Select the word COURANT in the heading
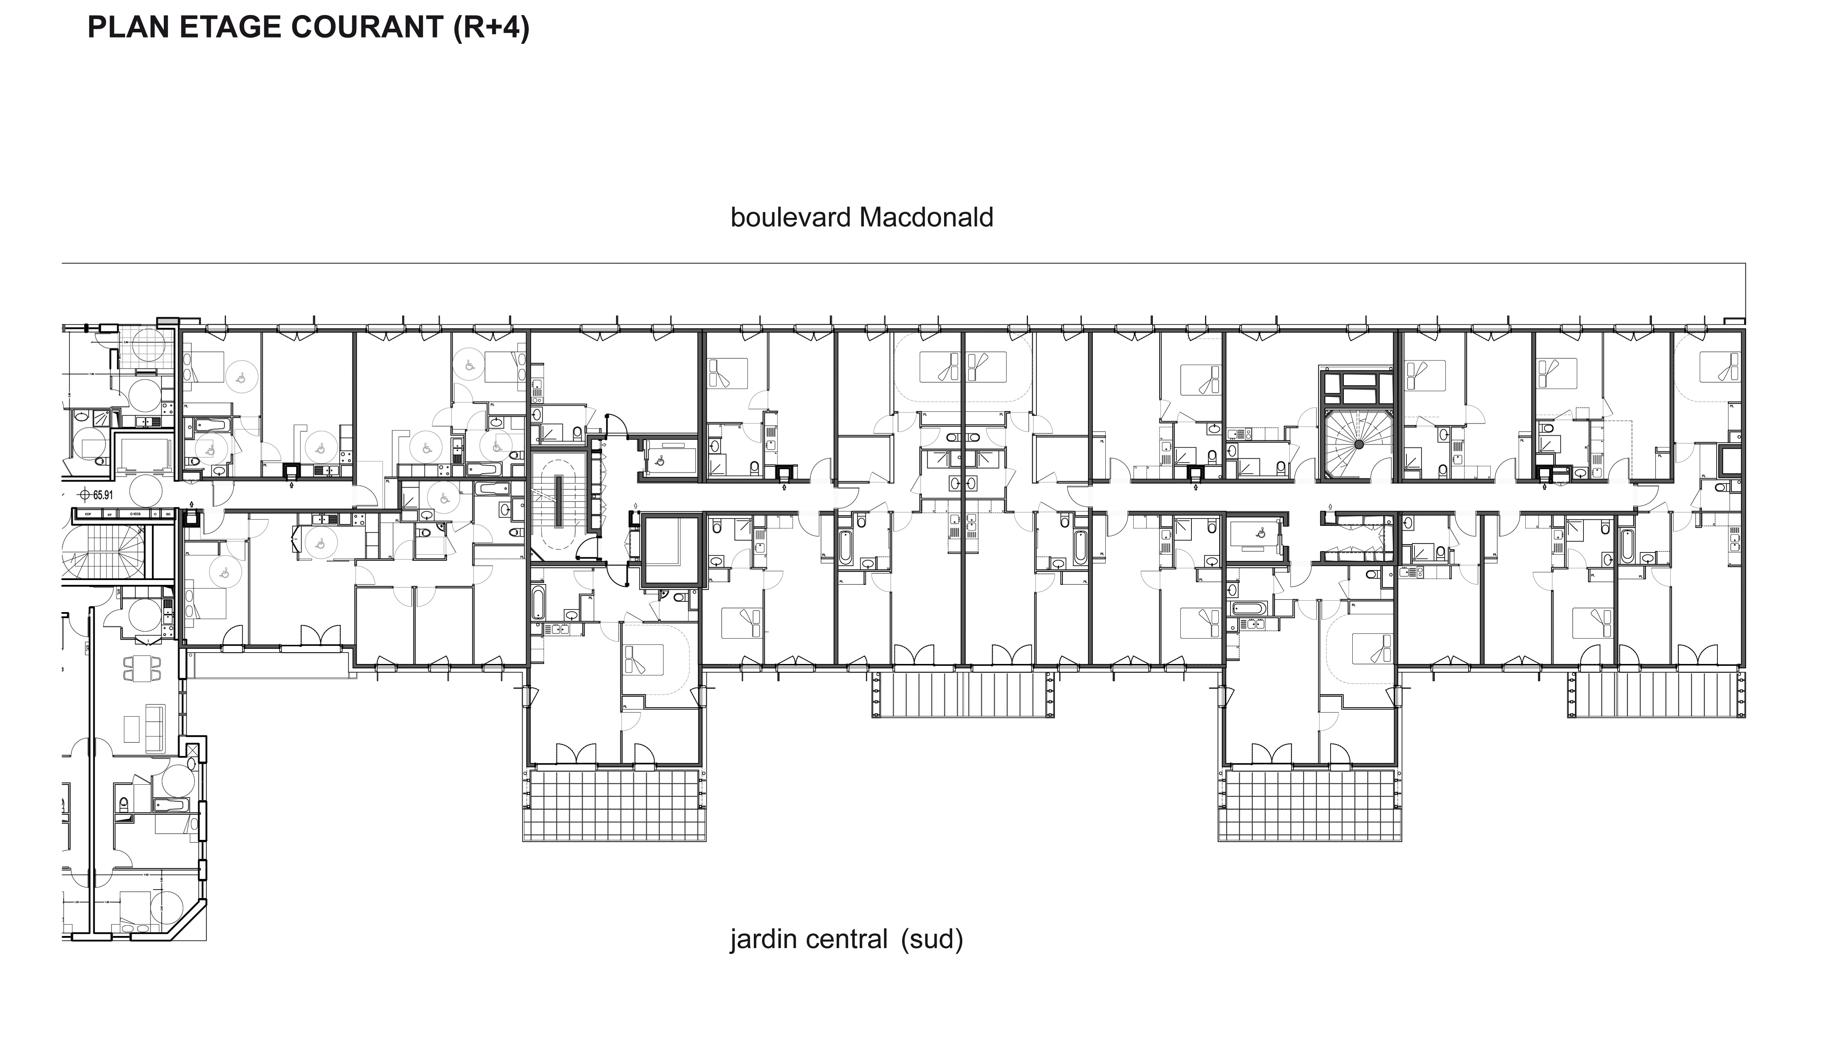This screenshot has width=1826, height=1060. [366, 28]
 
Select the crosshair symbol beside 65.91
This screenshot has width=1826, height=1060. [85, 495]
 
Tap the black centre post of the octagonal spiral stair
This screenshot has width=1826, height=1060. [1359, 444]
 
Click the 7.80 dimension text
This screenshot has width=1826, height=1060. [92, 374]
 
